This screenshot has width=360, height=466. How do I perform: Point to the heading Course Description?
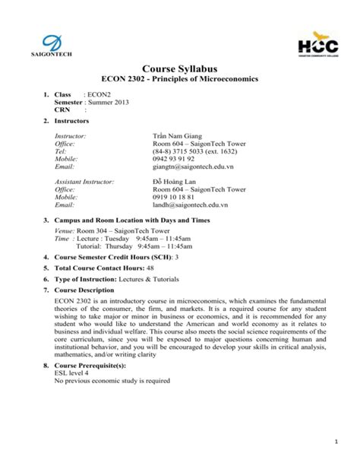84,290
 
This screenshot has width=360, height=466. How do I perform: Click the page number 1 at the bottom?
335,441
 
